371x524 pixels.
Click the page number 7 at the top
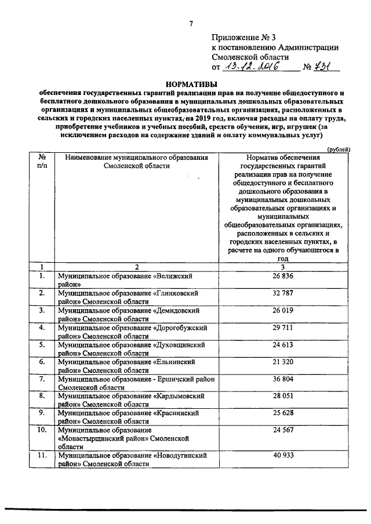pos(190,23)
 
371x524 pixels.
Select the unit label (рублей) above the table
pos(338,148)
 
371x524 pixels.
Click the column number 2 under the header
pos(137,267)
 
